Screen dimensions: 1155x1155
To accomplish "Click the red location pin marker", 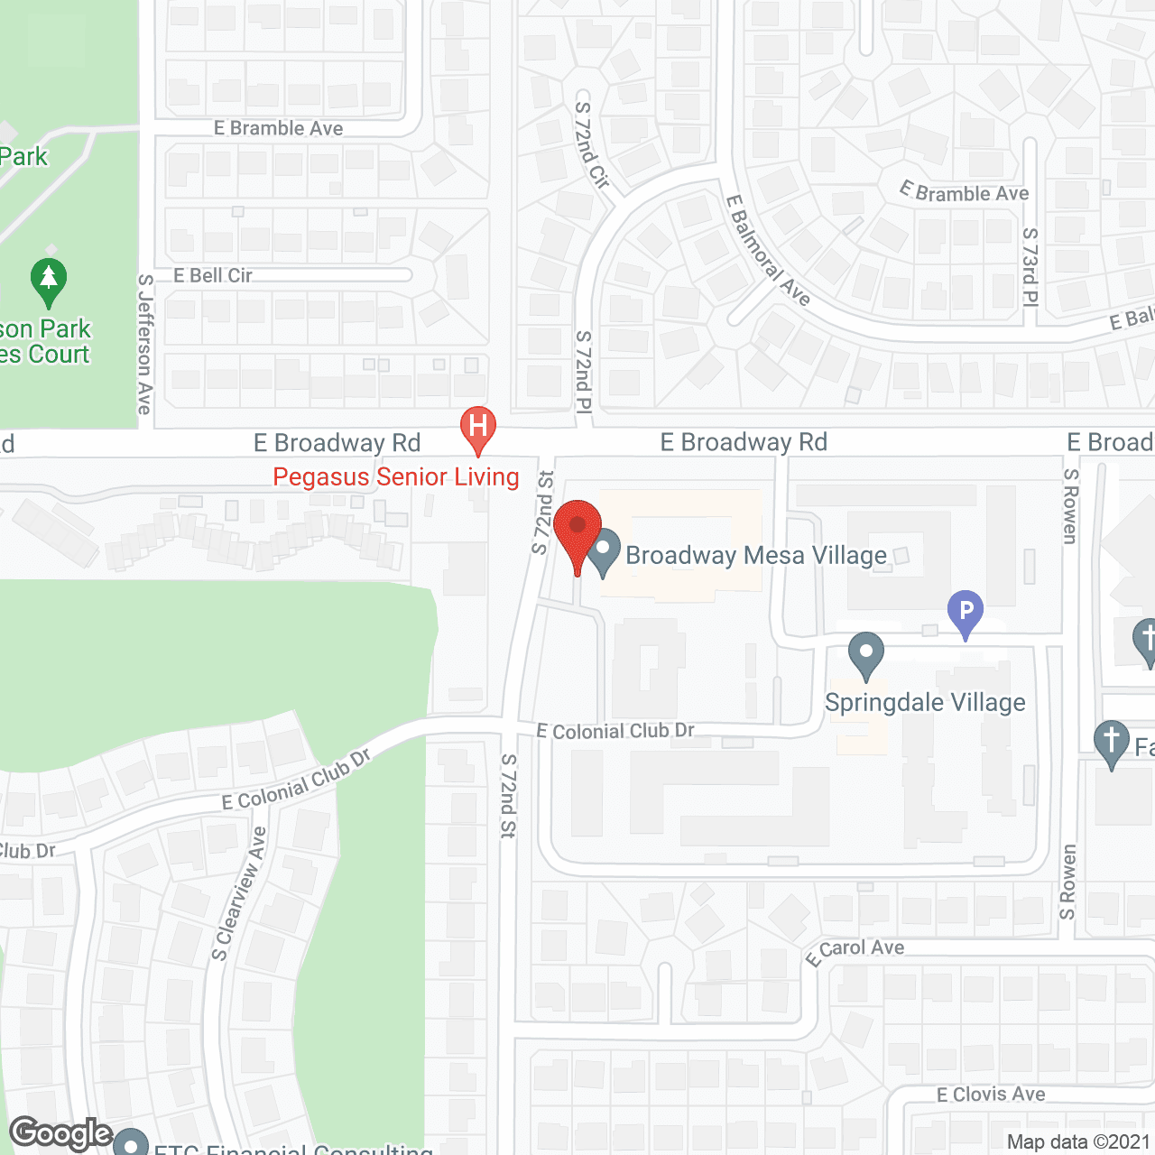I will point(577,532).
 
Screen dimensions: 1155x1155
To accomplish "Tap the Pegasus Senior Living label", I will point(396,477).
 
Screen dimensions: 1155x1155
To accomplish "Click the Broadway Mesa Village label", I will point(756,556).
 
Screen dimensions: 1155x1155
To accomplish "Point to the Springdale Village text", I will point(925,703).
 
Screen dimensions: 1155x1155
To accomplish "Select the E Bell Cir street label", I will point(213,276).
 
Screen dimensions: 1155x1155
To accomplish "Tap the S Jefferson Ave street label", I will point(144,345).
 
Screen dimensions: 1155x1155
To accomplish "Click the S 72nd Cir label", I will point(593,144).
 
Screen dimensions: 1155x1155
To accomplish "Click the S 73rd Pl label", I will point(1030,267).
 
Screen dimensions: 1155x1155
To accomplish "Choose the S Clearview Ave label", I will point(239,893).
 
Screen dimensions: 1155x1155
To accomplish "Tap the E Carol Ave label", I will point(855,951).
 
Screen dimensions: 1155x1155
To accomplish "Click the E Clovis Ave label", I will point(991,1095).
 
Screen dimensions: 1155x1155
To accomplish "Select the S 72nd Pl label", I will point(584,372).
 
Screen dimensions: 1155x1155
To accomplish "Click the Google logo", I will point(60,1133).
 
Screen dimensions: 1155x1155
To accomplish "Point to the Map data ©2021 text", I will point(1078,1142).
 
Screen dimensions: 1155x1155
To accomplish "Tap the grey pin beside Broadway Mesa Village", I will point(604,551).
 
